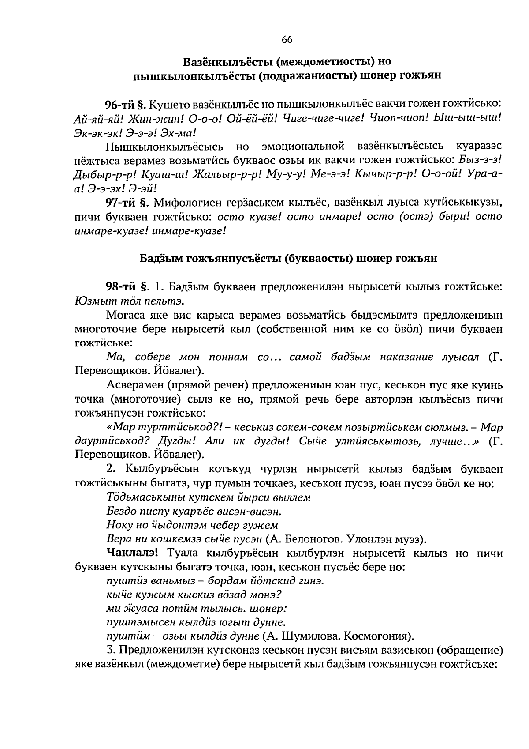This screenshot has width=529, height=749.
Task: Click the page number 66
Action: pos(287,40)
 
